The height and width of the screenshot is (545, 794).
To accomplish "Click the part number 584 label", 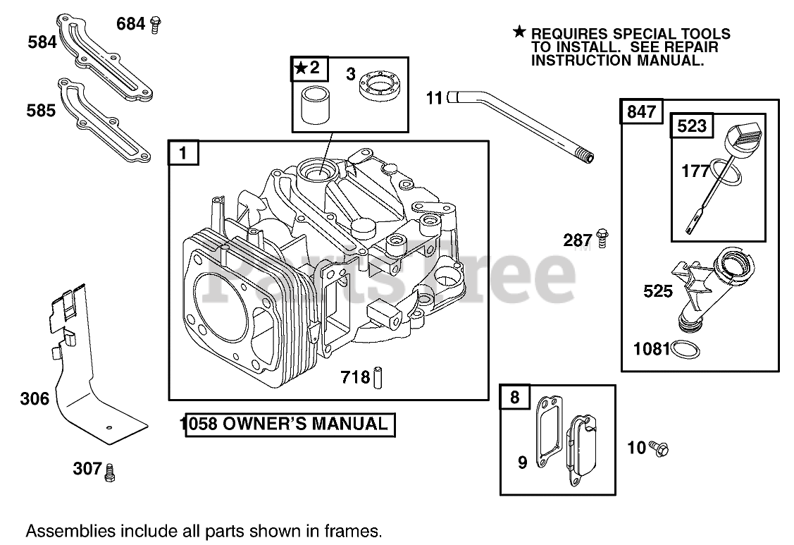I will pos(42,42).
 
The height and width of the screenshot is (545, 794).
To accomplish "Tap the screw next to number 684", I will pos(156,25).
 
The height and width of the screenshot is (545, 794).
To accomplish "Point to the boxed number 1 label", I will pos(183,153).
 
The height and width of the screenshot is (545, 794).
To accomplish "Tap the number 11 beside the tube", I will pos(435,98).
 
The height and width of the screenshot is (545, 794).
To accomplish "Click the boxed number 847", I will pos(641,111).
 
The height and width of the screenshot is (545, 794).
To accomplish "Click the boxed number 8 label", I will pos(514,397).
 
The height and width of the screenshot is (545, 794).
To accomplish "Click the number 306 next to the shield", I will pos(35,399).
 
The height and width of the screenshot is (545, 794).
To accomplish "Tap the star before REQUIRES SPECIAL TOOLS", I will pos(519,31).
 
